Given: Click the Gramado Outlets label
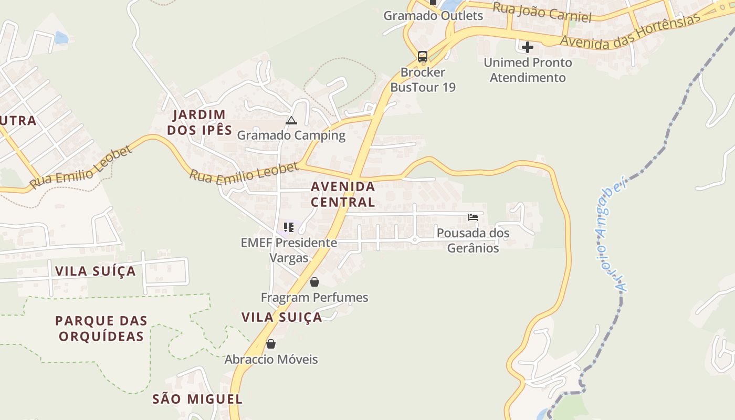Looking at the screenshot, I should (433, 15).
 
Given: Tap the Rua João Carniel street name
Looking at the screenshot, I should (542, 12).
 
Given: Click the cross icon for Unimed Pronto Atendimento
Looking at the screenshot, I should (528, 47).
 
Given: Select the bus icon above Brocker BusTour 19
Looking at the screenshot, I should (423, 56).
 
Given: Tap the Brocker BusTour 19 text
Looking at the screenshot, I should (423, 80).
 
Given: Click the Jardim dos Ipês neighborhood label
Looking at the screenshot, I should (199, 122).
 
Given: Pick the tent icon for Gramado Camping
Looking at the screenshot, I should (291, 121).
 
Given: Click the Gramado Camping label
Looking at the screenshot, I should (291, 135).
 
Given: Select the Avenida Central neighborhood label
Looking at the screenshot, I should (343, 194).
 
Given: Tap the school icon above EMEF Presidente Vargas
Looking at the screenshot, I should (288, 227).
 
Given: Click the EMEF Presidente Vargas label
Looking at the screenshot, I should (289, 250).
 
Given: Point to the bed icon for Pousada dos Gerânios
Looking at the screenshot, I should (473, 217).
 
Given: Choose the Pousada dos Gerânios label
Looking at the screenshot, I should (473, 240).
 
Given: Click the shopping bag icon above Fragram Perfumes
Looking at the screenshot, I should (314, 282).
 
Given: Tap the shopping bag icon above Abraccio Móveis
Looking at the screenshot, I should (271, 344).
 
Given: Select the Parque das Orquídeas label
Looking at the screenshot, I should (101, 328).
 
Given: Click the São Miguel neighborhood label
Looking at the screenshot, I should (197, 399).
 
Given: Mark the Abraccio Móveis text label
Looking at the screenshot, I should (271, 360).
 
